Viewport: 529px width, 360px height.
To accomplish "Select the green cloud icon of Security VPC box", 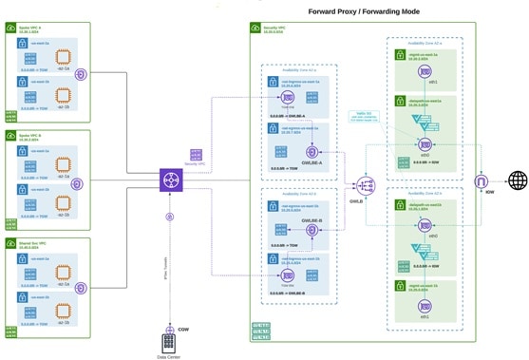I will (257, 28).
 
